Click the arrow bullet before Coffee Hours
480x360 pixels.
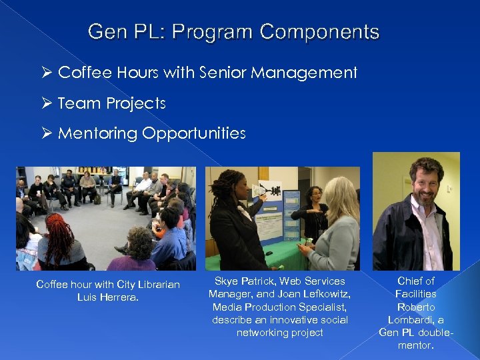tap(46, 73)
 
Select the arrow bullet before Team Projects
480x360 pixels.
tap(46, 103)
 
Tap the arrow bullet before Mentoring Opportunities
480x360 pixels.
tap(46, 133)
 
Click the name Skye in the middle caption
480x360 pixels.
tap(227, 281)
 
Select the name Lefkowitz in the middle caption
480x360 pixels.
tap(327, 294)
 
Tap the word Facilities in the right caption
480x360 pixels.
tap(416, 294)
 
